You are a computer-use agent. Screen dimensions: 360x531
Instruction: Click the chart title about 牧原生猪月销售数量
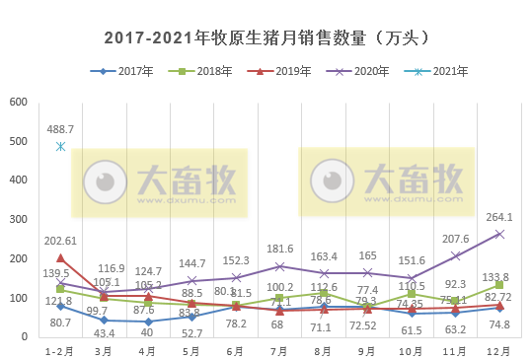[x=266, y=38]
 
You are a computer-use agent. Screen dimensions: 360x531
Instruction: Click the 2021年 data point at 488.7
[x=61, y=147]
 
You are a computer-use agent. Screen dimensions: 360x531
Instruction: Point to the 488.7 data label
[x=61, y=129]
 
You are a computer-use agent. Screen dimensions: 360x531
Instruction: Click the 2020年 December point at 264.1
[x=499, y=234]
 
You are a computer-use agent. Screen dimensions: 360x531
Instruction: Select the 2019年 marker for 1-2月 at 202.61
[x=61, y=258]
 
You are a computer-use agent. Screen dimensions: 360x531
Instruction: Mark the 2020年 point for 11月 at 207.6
[x=455, y=255]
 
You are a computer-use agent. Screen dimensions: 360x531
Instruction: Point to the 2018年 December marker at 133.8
[x=499, y=285]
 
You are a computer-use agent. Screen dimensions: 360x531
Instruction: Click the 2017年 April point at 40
[x=149, y=322]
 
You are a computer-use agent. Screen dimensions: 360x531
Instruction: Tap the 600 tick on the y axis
[x=19, y=103]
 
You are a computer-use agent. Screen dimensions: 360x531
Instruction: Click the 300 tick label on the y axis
[x=19, y=220]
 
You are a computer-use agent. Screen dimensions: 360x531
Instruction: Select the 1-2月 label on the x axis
[x=61, y=350]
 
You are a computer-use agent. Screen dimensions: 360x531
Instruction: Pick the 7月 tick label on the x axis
[x=280, y=350]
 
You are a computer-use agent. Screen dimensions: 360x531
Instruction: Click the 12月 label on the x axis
[x=499, y=350]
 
